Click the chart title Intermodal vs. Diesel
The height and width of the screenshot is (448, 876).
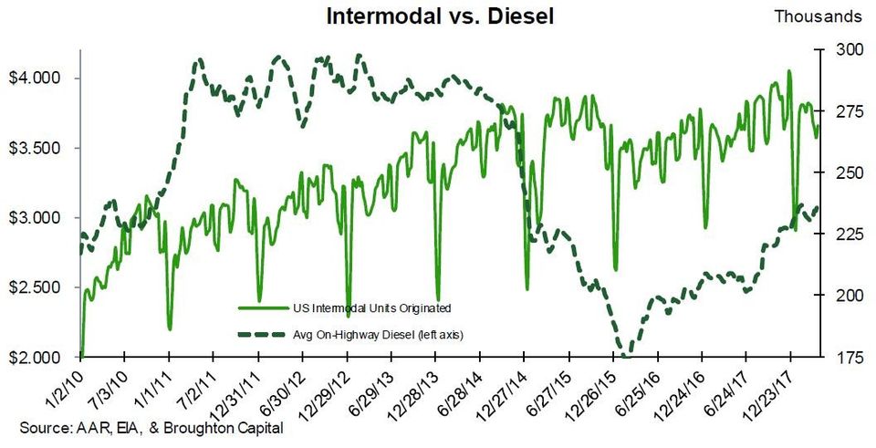[x=440, y=16]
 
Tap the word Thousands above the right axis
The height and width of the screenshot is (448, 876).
[x=818, y=16]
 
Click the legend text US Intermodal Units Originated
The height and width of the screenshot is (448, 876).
[x=372, y=307]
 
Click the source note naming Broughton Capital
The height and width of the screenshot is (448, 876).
[x=151, y=429]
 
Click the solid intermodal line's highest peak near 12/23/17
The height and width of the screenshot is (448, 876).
[x=788, y=71]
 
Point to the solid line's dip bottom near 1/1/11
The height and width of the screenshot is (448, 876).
[x=170, y=328]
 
